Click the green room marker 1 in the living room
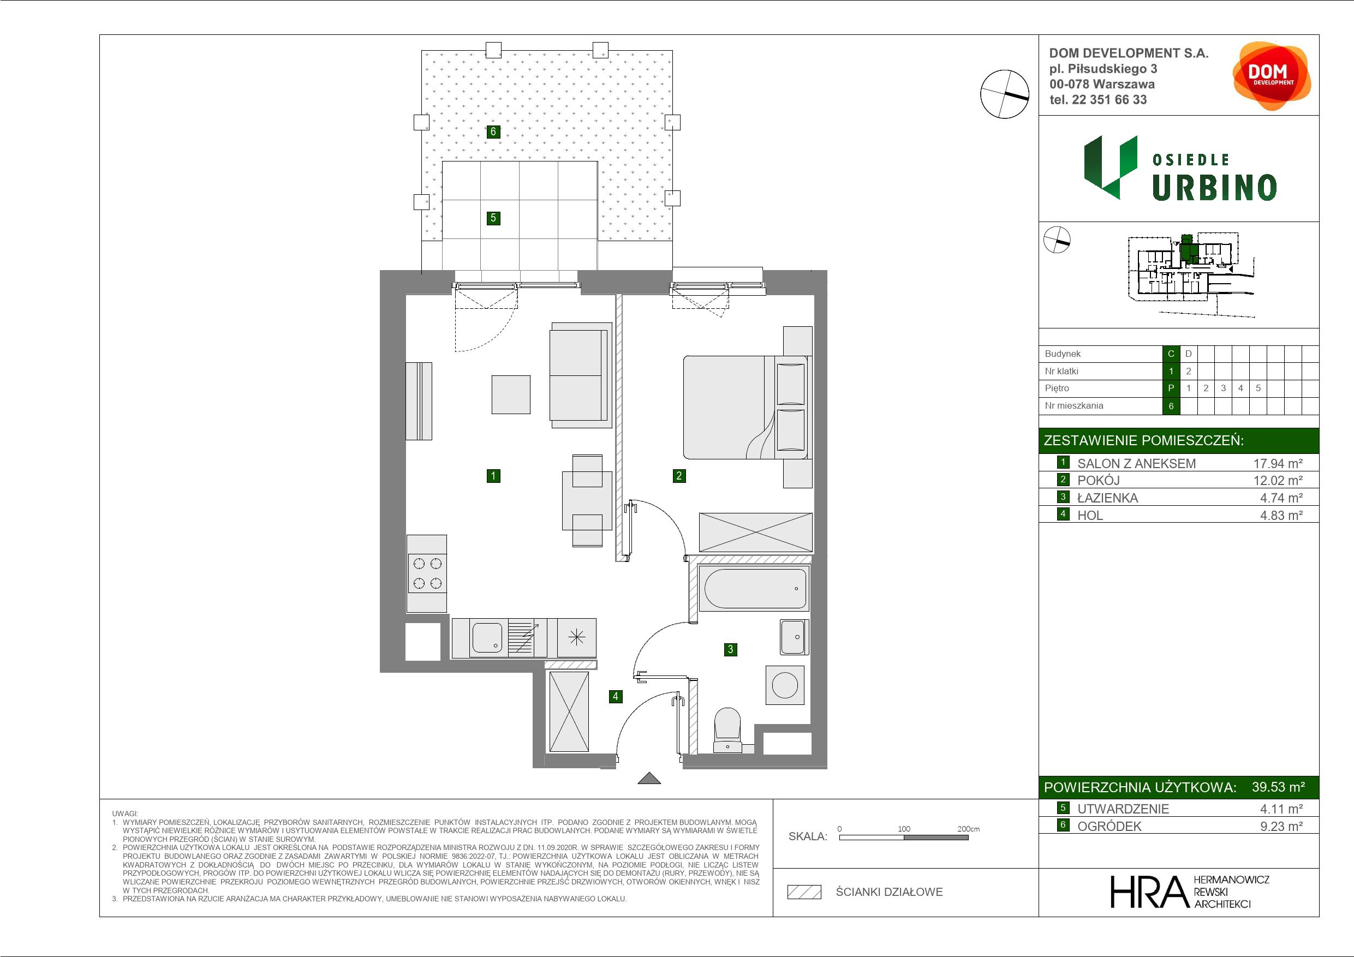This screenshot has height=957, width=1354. click(x=493, y=476)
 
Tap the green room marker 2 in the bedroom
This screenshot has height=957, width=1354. click(x=679, y=476)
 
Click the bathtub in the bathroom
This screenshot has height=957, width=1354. click(x=754, y=588)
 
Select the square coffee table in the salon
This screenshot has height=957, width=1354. click(x=511, y=394)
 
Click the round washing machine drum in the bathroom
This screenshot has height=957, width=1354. click(x=785, y=686)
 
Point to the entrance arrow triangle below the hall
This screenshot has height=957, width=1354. click(x=649, y=779)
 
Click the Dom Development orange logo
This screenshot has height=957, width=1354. click(x=1272, y=76)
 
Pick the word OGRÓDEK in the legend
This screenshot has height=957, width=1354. click(x=1110, y=826)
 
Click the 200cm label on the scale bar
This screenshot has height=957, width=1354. click(x=968, y=828)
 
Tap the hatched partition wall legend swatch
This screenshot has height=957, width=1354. click(x=804, y=892)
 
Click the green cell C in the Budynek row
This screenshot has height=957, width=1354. click(x=1171, y=354)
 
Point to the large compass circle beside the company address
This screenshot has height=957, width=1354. click(x=1004, y=94)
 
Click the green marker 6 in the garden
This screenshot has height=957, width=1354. click(x=493, y=131)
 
